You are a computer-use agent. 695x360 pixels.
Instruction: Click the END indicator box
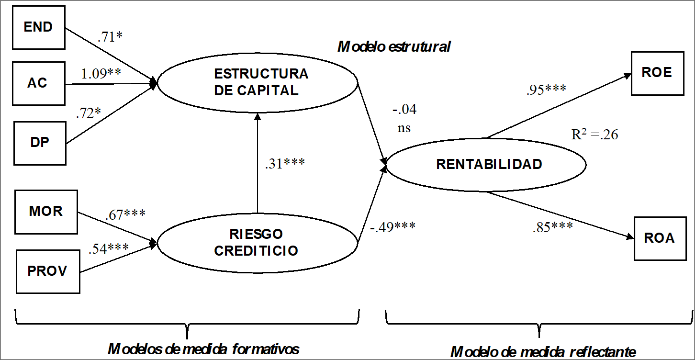click(39, 27)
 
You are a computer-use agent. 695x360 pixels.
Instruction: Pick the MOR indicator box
click(46, 211)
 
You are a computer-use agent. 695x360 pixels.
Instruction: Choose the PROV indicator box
click(47, 271)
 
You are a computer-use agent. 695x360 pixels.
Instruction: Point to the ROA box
click(660, 238)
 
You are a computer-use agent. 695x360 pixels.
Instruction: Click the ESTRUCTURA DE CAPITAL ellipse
click(258, 82)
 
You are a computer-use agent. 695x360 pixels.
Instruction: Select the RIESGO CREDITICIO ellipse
click(257, 243)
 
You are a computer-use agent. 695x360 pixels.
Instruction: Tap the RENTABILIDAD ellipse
click(486, 164)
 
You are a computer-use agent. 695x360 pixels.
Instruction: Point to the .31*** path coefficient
click(285, 164)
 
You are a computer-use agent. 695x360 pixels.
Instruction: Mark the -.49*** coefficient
click(392, 226)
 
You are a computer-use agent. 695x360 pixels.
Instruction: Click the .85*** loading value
click(552, 226)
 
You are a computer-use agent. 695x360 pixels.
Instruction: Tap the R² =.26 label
click(594, 135)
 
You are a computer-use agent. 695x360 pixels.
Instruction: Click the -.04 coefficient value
click(404, 110)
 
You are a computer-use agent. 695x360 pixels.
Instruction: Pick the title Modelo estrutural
click(394, 47)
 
